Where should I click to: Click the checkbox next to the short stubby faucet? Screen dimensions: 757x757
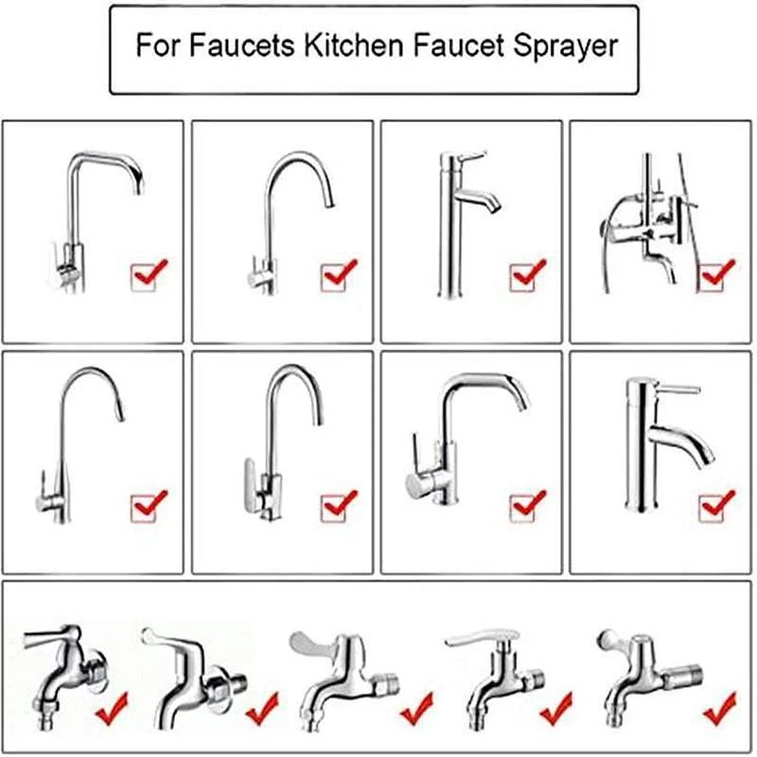712,508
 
